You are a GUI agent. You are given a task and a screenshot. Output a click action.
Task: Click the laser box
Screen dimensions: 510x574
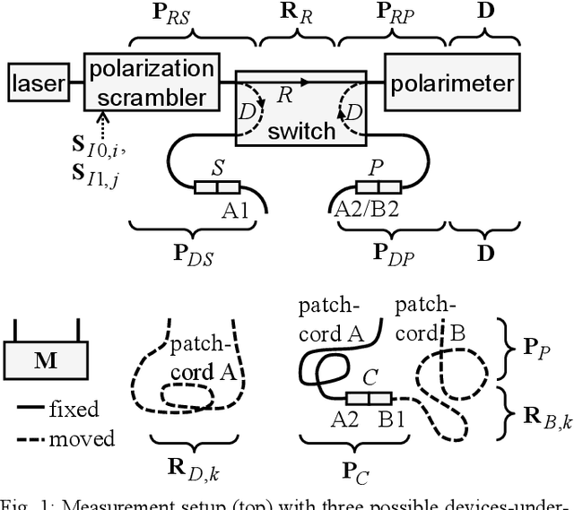pyautogui.click(x=39, y=85)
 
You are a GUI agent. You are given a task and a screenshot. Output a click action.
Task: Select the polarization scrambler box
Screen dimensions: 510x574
pyautogui.click(x=151, y=82)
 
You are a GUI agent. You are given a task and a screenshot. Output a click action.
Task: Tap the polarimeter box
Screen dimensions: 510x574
pyautogui.click(x=452, y=84)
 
